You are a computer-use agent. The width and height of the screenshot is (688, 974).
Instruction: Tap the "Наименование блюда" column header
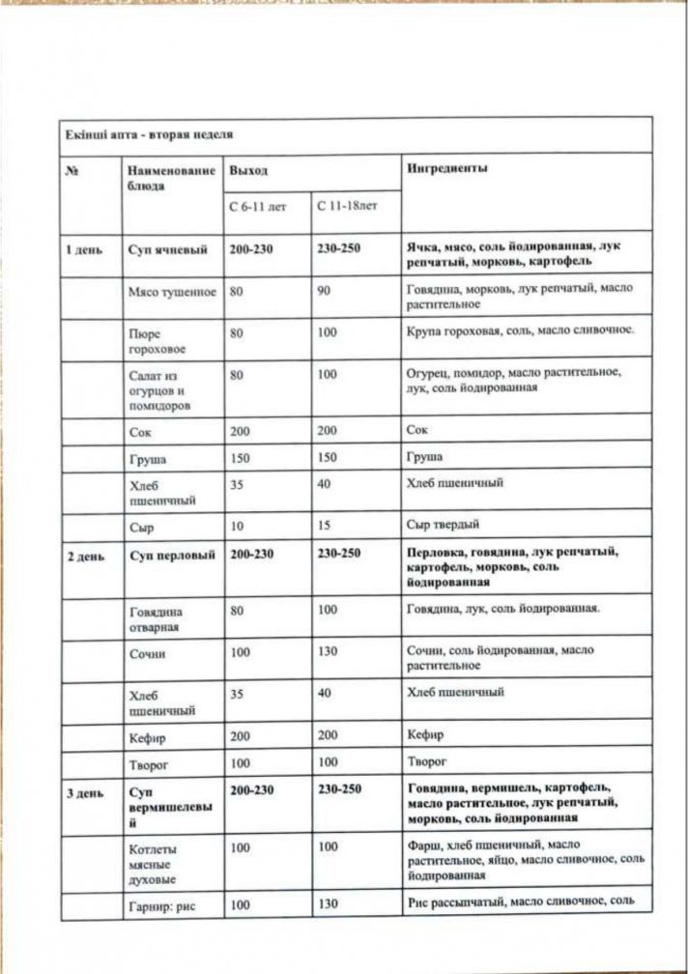point(171,178)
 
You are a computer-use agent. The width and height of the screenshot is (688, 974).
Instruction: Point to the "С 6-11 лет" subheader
point(258,206)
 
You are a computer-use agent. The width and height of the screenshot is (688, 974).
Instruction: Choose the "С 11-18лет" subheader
point(346,206)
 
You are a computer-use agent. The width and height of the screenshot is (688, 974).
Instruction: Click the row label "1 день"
point(83,248)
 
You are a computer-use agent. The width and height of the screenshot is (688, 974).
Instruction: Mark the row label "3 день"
point(83,789)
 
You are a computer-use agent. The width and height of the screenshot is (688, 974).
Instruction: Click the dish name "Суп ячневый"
point(168,248)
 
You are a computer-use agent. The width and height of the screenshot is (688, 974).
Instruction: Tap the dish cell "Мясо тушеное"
point(172,292)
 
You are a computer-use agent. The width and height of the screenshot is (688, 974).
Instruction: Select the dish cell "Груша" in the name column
point(147,459)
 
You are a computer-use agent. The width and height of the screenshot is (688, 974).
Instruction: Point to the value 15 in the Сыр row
point(324,526)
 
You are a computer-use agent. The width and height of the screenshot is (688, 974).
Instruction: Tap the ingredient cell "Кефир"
point(425,735)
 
